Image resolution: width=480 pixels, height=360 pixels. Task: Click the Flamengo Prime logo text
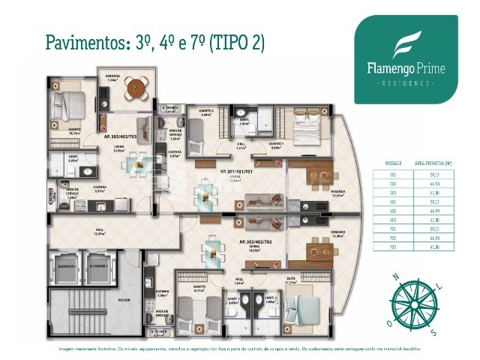point(406,69)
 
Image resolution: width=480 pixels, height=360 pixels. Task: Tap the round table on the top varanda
point(136,84)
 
